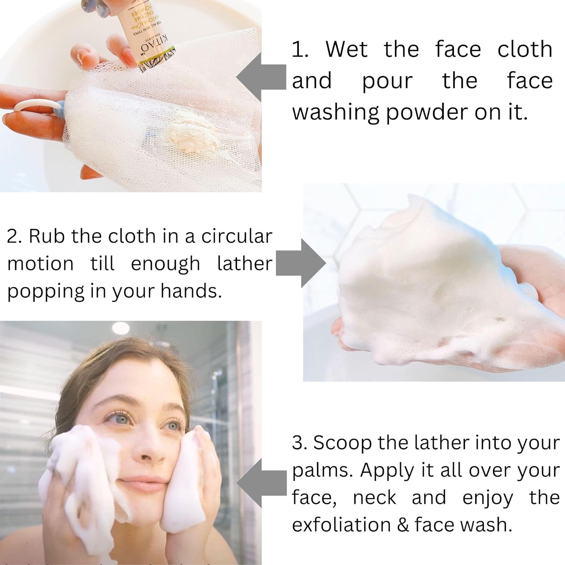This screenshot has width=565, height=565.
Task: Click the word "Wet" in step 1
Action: coord(346,49)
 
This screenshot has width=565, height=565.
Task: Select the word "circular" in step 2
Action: coord(237,237)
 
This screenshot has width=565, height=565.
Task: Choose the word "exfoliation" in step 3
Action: coord(341,525)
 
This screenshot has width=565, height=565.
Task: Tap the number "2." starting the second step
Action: coord(15,237)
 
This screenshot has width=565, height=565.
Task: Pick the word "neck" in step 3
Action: coord(374,498)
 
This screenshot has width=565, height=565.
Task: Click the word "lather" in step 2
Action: coord(244,264)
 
